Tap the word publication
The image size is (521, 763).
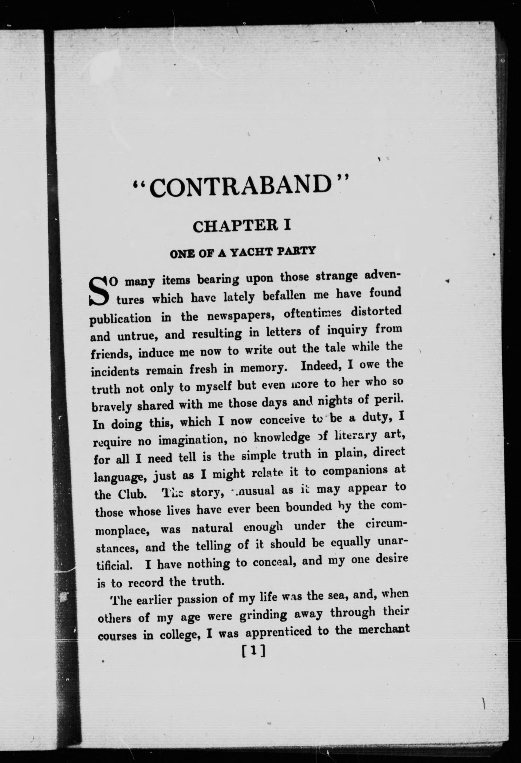121,318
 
